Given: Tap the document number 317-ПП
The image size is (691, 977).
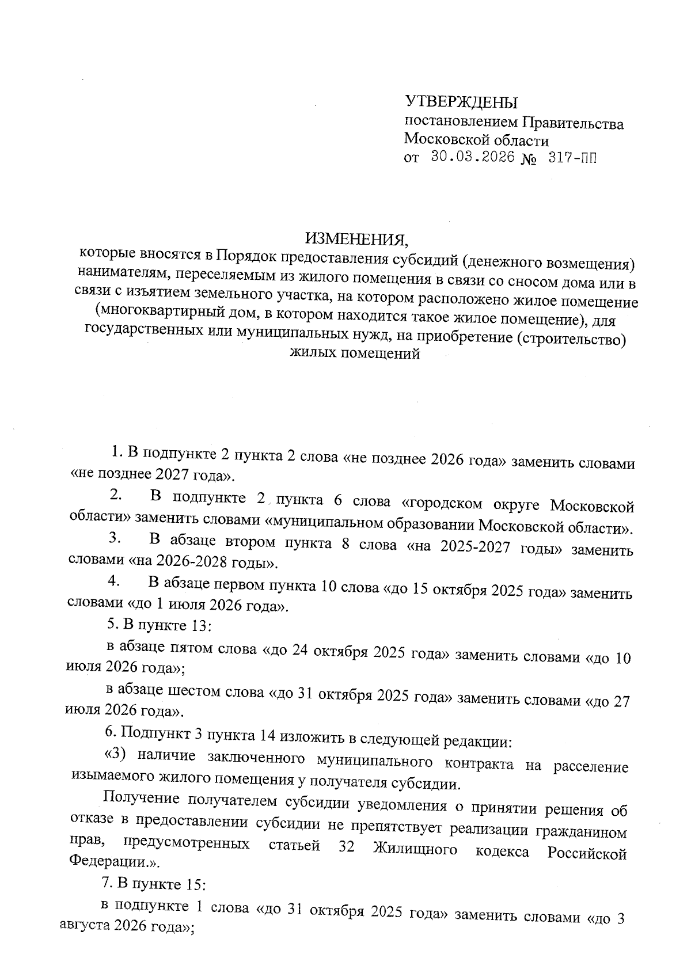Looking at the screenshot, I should click(572, 158).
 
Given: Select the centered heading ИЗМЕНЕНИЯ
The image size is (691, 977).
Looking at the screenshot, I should click(356, 237).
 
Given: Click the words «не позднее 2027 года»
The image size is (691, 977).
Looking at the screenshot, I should click(153, 476).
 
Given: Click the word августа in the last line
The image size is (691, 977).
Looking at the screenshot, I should click(85, 927).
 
